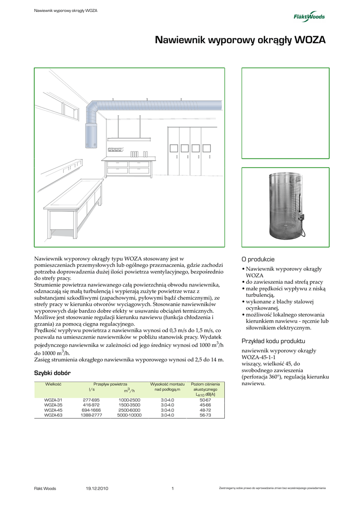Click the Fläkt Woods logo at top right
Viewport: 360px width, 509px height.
[x=309, y=16]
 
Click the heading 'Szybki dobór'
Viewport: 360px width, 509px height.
[x=52, y=373]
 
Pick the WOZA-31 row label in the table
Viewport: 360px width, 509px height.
[x=53, y=400]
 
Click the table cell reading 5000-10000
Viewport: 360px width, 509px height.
[x=129, y=415]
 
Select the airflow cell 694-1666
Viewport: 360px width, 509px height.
[x=91, y=410]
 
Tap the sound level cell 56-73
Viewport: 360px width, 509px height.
[x=205, y=415]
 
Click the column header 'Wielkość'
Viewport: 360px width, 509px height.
[x=53, y=384]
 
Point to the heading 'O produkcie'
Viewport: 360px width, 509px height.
[x=258, y=259]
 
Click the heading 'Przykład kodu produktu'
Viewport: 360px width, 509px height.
[x=273, y=341]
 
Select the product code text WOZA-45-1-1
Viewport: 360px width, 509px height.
[x=259, y=357]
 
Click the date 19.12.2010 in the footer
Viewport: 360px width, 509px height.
[x=97, y=488]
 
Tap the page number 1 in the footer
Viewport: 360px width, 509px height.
[x=173, y=488]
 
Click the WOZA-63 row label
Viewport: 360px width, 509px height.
[x=53, y=415]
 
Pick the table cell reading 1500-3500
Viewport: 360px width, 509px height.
[x=129, y=405]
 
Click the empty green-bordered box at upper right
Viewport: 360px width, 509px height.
[x=285, y=113]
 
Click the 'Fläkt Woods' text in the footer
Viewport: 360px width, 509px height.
[x=45, y=488]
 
